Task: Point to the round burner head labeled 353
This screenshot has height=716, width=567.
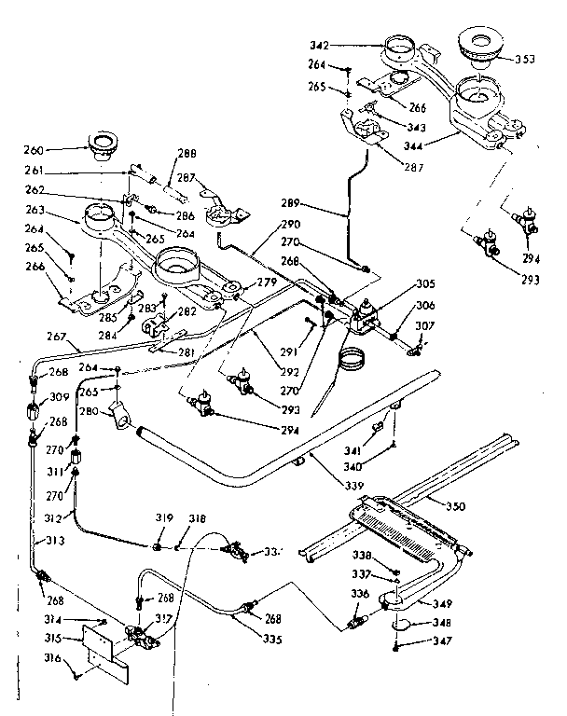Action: click(484, 45)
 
